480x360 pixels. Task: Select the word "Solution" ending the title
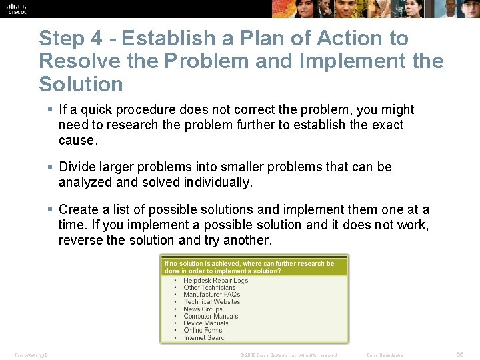[81, 85]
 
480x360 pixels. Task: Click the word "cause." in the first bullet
[77, 140]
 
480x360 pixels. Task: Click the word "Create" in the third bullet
[79, 210]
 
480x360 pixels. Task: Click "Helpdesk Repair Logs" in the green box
[215, 280]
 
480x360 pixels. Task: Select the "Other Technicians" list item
[209, 287]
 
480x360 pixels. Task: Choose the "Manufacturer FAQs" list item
[211, 295]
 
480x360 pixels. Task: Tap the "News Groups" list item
[203, 309]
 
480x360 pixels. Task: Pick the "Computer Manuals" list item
[211, 316]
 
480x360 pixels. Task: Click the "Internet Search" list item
[205, 337]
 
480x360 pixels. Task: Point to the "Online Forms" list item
[203, 330]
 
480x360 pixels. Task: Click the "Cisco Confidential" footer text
[385, 355]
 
